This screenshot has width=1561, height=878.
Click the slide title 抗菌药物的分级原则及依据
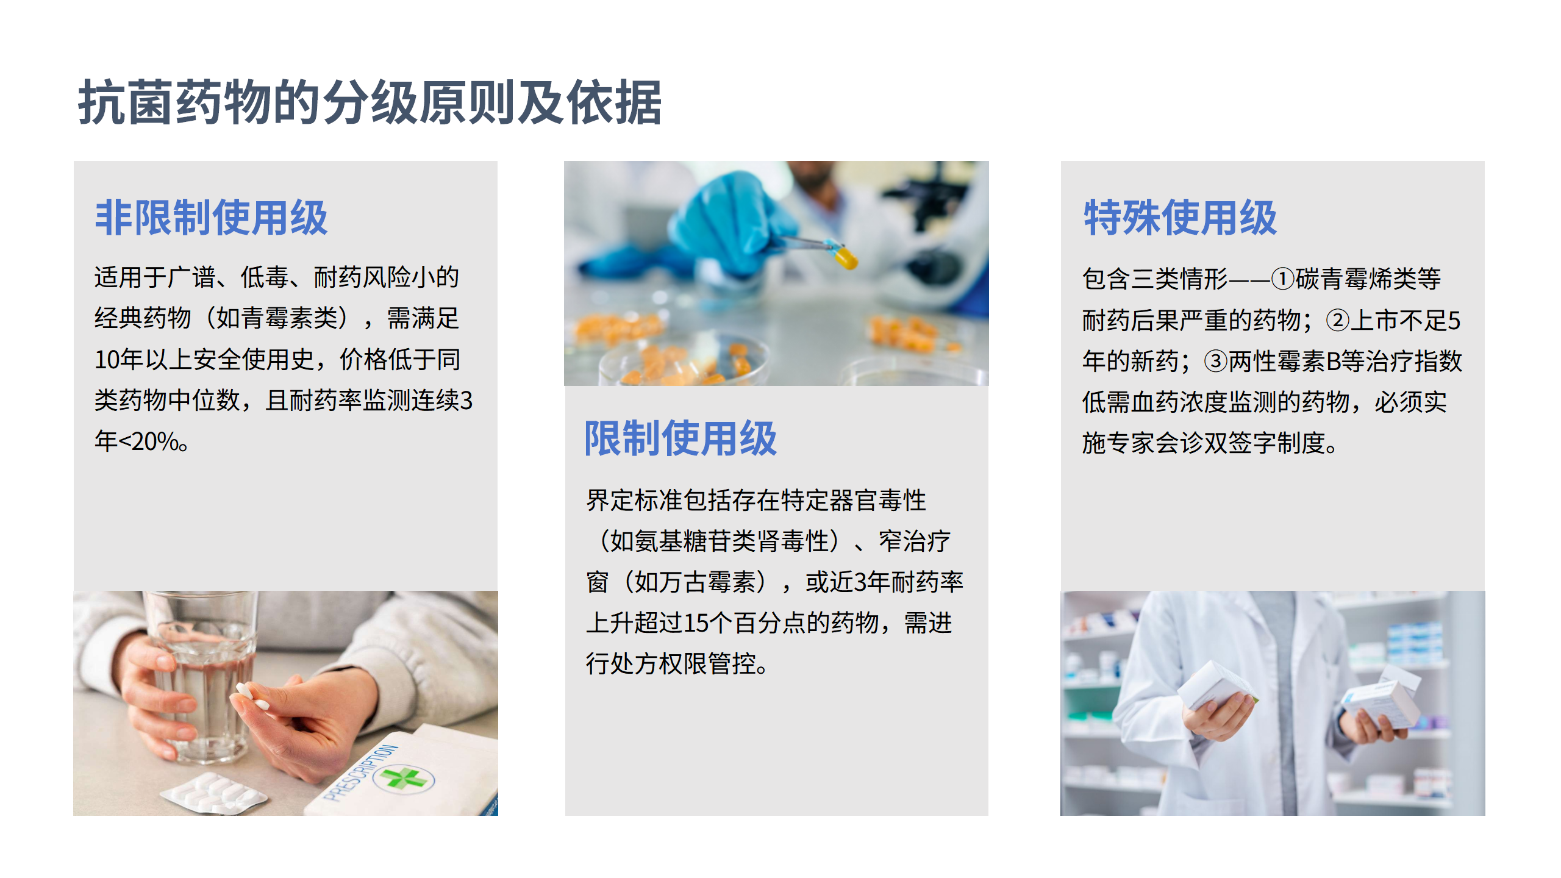click(x=370, y=102)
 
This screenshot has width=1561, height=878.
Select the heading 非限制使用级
click(x=211, y=218)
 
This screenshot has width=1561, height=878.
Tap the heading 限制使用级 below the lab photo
click(x=680, y=438)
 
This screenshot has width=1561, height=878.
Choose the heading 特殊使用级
click(x=1180, y=218)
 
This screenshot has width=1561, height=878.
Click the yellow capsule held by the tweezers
click(x=846, y=257)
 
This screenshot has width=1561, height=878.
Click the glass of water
click(x=201, y=677)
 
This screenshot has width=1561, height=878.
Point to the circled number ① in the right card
click(x=1282, y=279)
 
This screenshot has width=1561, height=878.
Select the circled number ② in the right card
click(x=1337, y=320)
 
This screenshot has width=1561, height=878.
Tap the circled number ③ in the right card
click(x=1215, y=361)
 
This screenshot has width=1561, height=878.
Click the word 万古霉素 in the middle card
click(x=707, y=582)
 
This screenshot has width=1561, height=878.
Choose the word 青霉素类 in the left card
click(x=290, y=318)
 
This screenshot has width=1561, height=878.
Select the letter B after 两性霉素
click(x=1334, y=361)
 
